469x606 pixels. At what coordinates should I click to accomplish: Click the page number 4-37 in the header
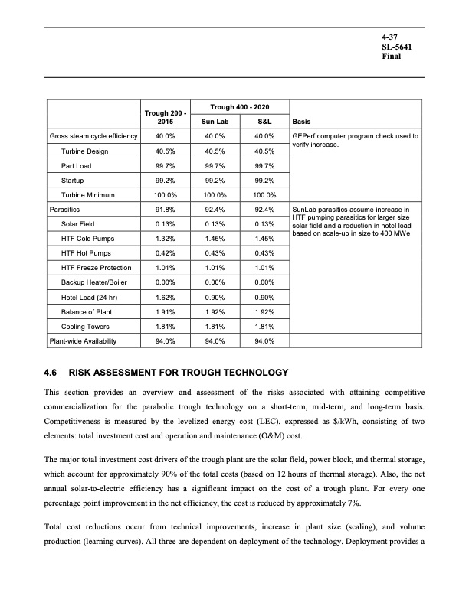pos(391,36)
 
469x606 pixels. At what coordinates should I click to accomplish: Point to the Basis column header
pos(301,121)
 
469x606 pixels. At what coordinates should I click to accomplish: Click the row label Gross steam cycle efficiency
pos(93,136)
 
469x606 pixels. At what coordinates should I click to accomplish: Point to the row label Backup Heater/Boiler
pos(97,282)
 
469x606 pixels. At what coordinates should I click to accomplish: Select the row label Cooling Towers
pos(84,326)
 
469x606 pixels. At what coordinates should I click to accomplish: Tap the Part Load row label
pos(77,165)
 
